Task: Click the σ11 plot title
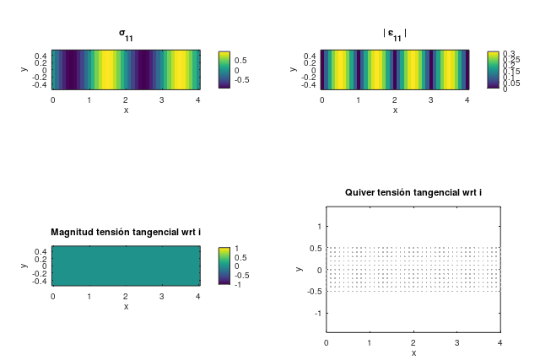(x=126, y=35)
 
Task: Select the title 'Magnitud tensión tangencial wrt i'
(x=126, y=232)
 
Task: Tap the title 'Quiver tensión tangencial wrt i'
(x=413, y=193)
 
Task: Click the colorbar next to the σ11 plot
(x=224, y=69)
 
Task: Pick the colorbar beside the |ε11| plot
(x=493, y=69)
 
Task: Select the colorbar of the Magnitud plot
(x=224, y=266)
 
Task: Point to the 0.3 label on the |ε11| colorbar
(x=509, y=53)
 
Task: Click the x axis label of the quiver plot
(x=413, y=352)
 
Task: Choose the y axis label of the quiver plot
(x=300, y=269)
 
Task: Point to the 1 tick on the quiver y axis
(x=318, y=226)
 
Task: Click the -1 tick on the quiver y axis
(x=316, y=314)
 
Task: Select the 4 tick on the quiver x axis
(x=500, y=342)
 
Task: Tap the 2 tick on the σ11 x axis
(x=126, y=99)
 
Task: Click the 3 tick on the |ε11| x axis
(x=431, y=99)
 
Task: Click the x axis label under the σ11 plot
(x=126, y=110)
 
